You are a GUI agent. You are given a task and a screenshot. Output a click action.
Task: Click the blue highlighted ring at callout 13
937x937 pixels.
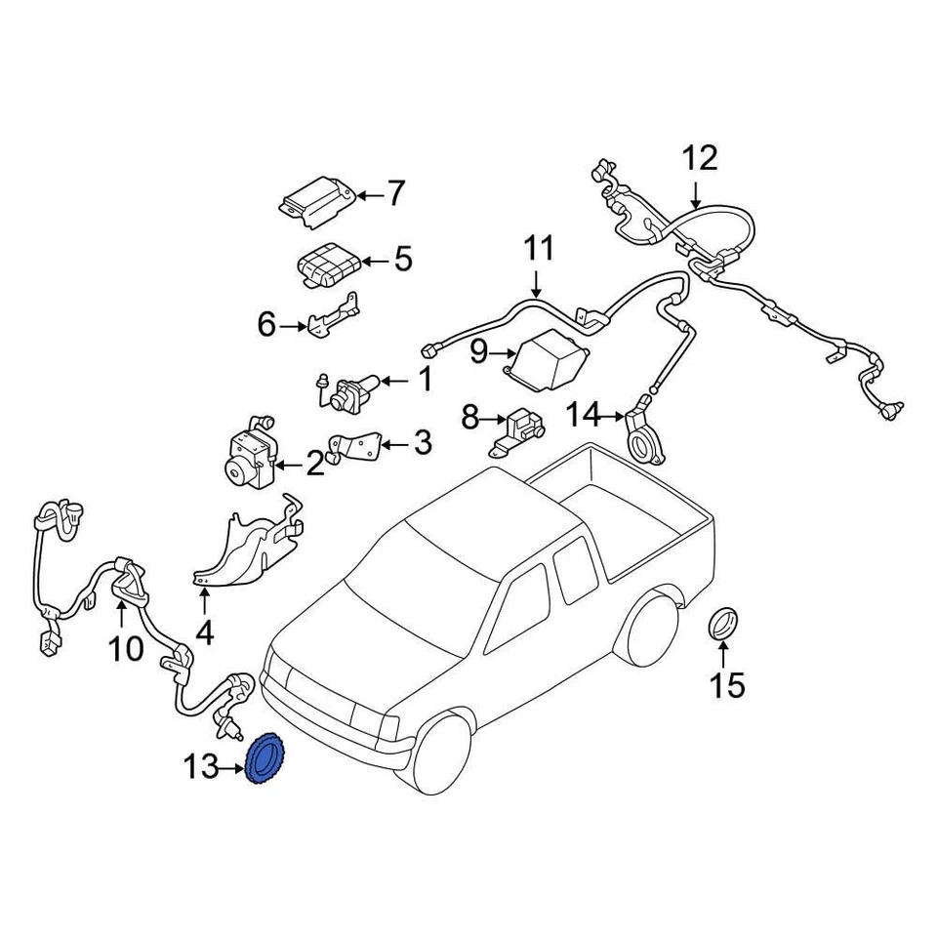[x=265, y=762]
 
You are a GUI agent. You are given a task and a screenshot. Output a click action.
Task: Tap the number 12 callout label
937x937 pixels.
[x=699, y=158]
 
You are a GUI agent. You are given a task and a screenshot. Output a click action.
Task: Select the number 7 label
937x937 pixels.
[x=394, y=195]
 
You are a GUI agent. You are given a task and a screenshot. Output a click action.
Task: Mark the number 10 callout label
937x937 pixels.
[x=126, y=647]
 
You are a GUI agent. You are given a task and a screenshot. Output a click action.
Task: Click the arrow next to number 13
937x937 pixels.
[x=232, y=770]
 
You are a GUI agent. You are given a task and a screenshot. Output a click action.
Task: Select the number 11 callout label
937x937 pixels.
[x=537, y=248]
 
